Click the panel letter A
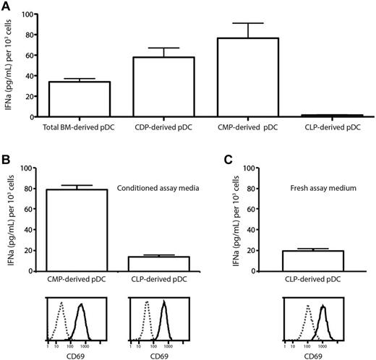7,6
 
